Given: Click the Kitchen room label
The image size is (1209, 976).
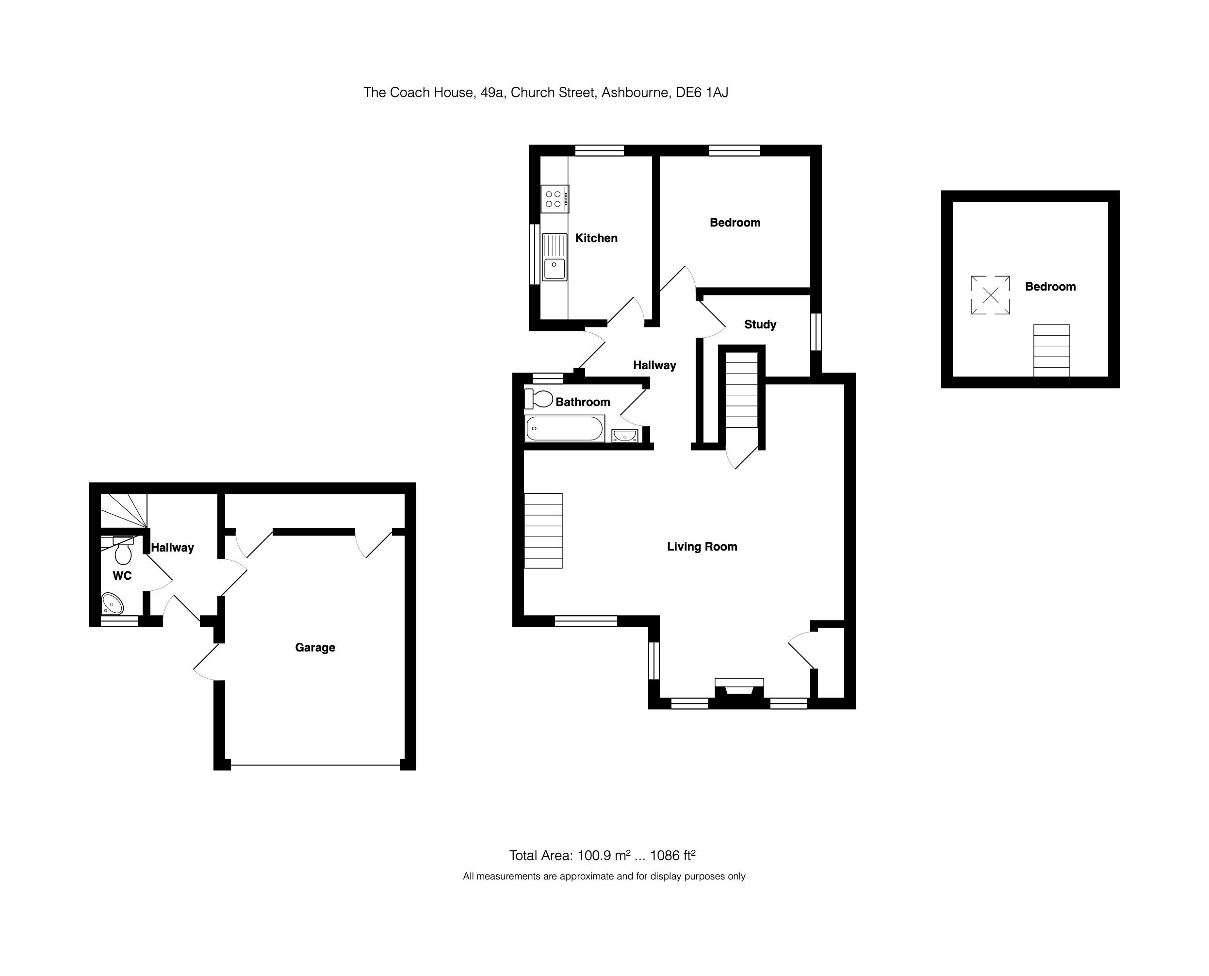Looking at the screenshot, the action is (596, 238).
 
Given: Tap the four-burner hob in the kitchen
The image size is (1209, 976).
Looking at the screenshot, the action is (555, 199).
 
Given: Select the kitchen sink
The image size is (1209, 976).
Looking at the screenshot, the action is (555, 258).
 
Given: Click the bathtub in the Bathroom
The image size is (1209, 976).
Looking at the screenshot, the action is (565, 428).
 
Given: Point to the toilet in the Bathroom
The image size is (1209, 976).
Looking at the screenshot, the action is (539, 399).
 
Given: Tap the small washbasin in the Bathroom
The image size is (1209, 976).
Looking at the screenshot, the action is (625, 436).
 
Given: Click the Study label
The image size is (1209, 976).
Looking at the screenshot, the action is (760, 325).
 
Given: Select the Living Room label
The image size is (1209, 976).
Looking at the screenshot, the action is (702, 547).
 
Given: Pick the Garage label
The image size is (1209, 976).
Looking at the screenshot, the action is (315, 648).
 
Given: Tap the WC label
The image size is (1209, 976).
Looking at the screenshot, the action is (122, 576).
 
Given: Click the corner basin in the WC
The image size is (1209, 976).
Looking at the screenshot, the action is (113, 604).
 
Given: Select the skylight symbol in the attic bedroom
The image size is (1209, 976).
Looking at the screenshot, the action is (990, 294).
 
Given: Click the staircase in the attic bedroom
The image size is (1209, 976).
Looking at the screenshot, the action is (1051, 350).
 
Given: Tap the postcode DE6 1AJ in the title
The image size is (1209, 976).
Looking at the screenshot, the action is (702, 92).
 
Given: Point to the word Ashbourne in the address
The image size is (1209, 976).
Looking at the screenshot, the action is (636, 92).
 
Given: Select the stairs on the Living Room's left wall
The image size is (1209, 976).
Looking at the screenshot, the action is (543, 531).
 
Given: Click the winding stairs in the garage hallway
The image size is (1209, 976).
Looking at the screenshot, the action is (124, 510).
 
